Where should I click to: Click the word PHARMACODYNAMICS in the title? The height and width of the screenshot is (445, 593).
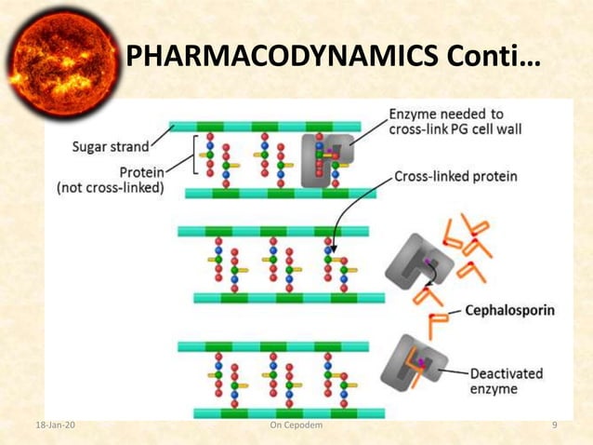pyautogui.click(x=270, y=57)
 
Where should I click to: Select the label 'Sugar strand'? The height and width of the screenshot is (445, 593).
pyautogui.click(x=110, y=147)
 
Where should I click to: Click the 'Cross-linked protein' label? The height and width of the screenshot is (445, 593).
pyautogui.click(x=456, y=174)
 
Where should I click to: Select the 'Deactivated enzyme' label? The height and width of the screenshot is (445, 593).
pyautogui.click(x=507, y=381)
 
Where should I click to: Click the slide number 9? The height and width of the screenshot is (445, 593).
pyautogui.click(x=554, y=425)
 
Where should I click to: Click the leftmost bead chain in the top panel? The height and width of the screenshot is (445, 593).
pyautogui.click(x=210, y=156)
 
